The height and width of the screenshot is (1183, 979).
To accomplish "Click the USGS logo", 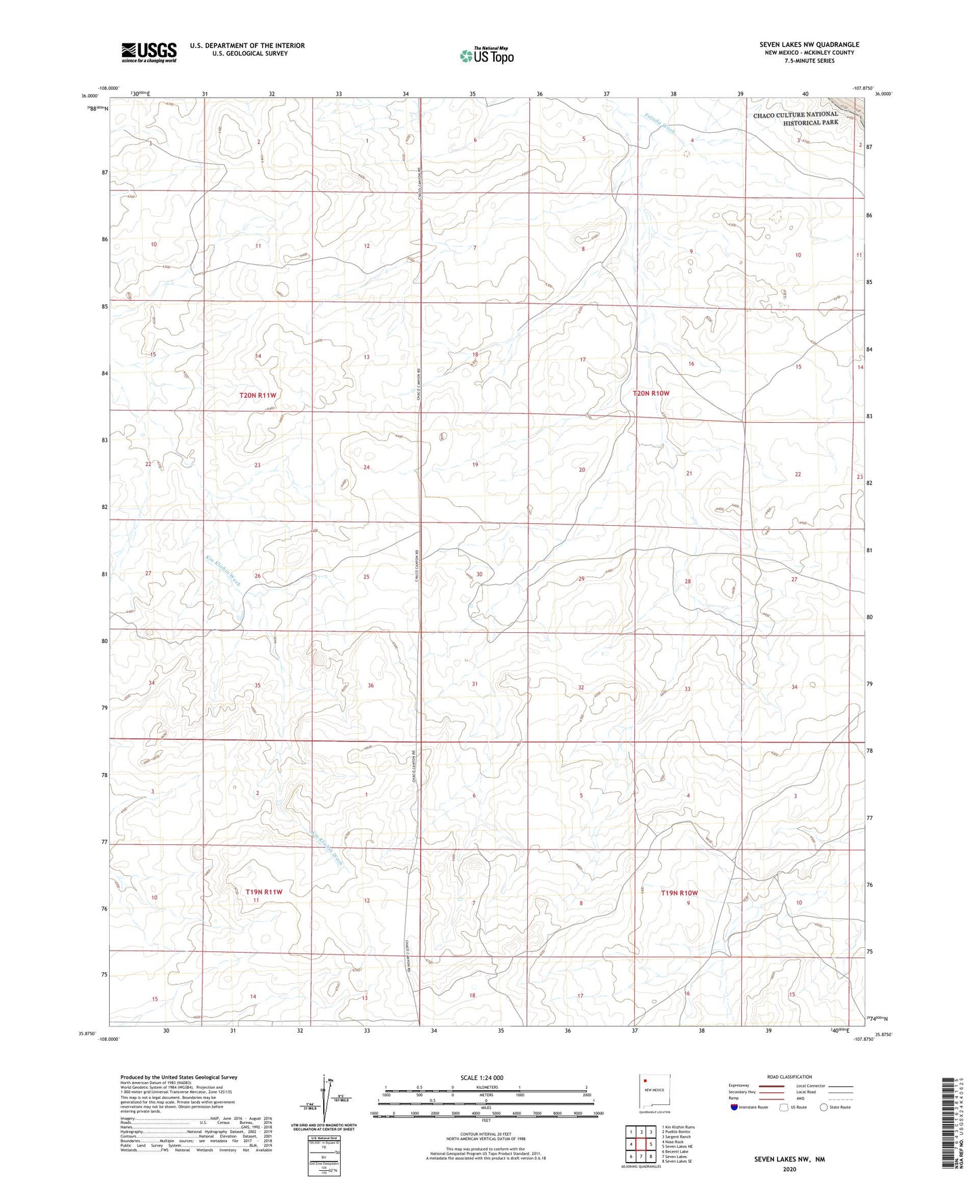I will coord(149,51).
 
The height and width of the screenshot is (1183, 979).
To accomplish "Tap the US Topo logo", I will coord(485,56).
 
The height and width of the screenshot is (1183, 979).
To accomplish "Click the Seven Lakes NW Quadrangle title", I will coord(809,45).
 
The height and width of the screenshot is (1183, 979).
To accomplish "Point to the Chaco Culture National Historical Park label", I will coord(795,119).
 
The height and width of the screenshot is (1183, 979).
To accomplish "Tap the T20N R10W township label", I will coord(651,393).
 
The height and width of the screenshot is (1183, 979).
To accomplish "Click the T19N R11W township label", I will coord(264,892).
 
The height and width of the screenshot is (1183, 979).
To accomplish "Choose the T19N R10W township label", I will coord(679,893).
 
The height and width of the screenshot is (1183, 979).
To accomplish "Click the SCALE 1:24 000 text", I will coord(481,1077).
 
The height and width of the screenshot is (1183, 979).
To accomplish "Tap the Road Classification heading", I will coord(790,1077).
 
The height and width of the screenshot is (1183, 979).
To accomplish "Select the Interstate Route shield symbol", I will coord(734,1107).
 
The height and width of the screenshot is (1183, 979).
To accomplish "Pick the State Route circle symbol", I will coord(824,1107).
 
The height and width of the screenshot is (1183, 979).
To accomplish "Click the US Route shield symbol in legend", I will coord(785,1107).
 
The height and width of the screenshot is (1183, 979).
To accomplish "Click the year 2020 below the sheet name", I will coord(788,1169).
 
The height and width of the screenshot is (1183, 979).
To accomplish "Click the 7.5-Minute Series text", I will coord(809,61).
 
